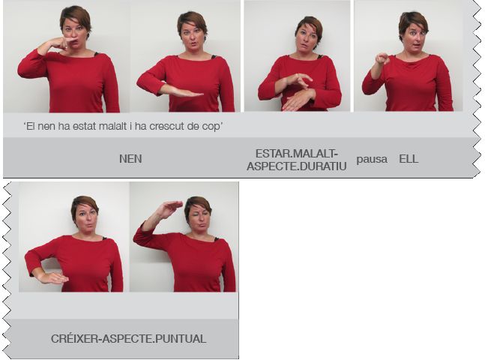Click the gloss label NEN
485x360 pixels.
[130, 159]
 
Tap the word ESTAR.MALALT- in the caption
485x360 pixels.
[297, 153]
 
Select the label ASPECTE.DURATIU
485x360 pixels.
[297, 166]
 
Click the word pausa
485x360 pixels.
[372, 160]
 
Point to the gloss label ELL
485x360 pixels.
[409, 159]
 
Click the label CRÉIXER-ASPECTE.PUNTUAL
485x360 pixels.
[129, 339]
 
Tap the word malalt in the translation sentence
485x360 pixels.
[112, 126]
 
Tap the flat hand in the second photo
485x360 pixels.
[182, 92]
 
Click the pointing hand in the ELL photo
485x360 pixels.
[382, 58]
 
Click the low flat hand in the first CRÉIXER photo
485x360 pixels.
[53, 278]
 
